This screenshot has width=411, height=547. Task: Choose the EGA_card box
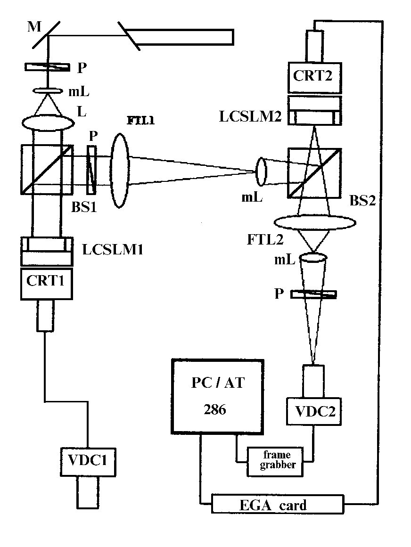[x=278, y=505]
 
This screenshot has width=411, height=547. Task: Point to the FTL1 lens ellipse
[x=120, y=169]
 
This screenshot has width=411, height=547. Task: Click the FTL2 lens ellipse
[x=314, y=223]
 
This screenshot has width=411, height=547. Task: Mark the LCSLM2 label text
[x=251, y=116]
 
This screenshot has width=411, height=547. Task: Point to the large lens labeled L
[x=48, y=122]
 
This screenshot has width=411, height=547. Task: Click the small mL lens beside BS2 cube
[x=262, y=171]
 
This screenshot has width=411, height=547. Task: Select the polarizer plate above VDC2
[x=314, y=294]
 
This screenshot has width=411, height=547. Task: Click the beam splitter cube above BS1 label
[x=47, y=169]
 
